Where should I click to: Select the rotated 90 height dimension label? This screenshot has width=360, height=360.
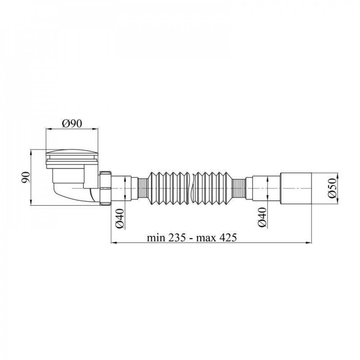pyautogui.click(x=26, y=177)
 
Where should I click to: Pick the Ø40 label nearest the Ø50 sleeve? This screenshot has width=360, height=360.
pyautogui.click(x=262, y=217)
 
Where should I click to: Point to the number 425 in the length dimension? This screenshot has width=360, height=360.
pyautogui.click(x=227, y=238)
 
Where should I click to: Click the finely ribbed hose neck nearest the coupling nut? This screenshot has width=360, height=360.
pyautogui.click(x=143, y=188)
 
